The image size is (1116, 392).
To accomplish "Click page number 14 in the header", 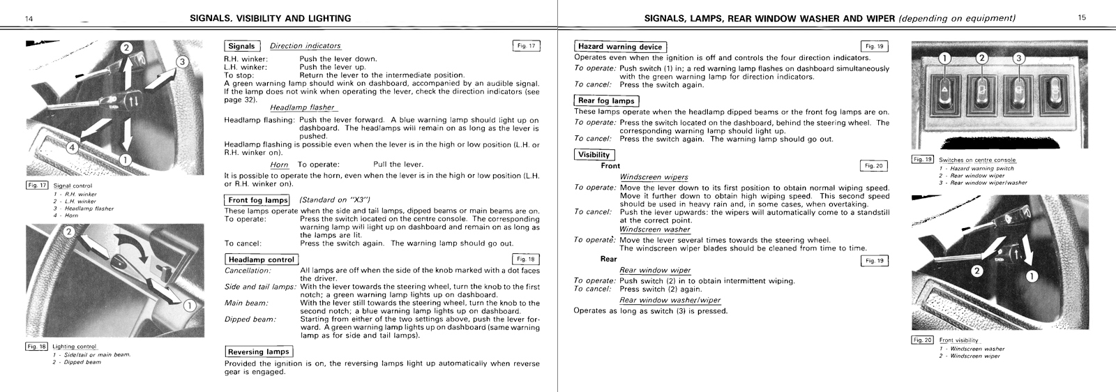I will (x=29, y=18).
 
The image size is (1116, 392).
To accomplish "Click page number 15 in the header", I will (x=1081, y=17).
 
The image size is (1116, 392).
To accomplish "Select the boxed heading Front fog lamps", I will (x=257, y=200).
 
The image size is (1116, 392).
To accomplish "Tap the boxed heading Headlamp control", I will (x=262, y=259).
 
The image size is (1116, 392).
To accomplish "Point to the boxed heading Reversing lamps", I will (x=258, y=352).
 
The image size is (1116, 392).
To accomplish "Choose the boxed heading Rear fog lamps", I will (x=606, y=101).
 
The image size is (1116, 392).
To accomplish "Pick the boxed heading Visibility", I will (x=594, y=155).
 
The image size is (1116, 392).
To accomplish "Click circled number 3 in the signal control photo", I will (x=182, y=61).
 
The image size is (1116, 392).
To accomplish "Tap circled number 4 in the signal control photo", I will (x=73, y=147).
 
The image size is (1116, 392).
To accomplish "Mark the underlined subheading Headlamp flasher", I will (x=303, y=107).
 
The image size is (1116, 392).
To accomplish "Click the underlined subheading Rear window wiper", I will (x=655, y=270).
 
